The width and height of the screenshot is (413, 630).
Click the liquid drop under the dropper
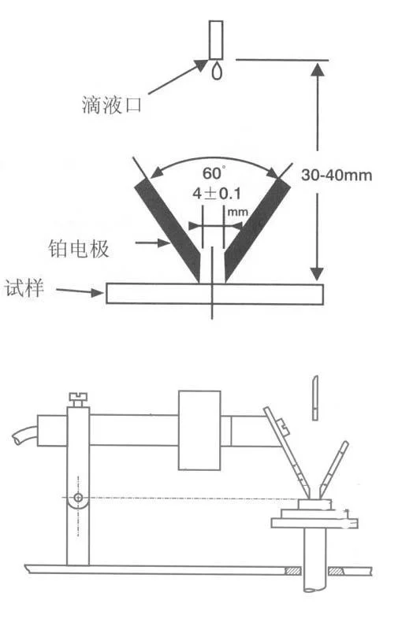pyautogui.click(x=217, y=71)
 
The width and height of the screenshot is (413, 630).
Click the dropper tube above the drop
pyautogui.click(x=216, y=40)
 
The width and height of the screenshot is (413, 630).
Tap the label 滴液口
pyautogui.click(x=112, y=105)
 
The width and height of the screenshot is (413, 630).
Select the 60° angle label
pyautogui.click(x=214, y=172)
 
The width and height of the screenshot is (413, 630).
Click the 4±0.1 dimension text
pyautogui.click(x=217, y=194)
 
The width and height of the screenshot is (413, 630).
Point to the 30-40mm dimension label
pyautogui.click(x=337, y=175)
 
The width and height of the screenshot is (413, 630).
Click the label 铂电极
pyautogui.click(x=79, y=249)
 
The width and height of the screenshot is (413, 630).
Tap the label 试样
pyautogui.click(x=24, y=288)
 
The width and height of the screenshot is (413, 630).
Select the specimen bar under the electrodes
pyautogui.click(x=214, y=294)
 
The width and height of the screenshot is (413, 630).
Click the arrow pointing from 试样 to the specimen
pyautogui.click(x=80, y=291)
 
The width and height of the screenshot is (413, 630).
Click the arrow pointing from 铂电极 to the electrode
pyautogui.click(x=152, y=243)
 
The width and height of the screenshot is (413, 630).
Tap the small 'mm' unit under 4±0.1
pyautogui.click(x=238, y=211)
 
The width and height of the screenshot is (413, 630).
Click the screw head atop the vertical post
pyautogui.click(x=78, y=400)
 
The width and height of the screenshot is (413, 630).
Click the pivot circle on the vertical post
pyautogui.click(x=78, y=498)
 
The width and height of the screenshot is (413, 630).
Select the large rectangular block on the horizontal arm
pyautogui.click(x=199, y=430)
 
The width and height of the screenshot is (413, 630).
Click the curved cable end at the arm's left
pyautogui.click(x=24, y=435)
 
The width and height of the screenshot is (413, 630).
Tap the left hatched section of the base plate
pyautogui.click(x=292, y=571)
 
